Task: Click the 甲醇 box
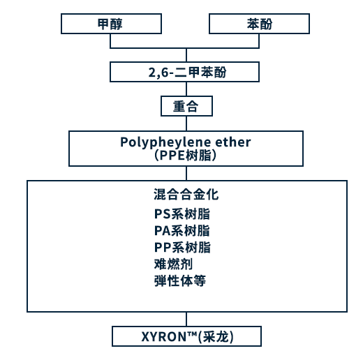[x=111, y=24]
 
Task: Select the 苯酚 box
[x=259, y=24]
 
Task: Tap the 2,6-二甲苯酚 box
[x=184, y=72]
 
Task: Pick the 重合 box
[x=186, y=106]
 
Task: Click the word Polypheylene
[x=165, y=142]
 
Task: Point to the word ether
[x=233, y=142]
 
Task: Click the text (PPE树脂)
[x=186, y=156]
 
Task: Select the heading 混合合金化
[x=186, y=195]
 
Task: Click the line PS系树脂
[x=182, y=214]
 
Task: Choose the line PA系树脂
[x=182, y=231]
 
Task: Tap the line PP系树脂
[x=182, y=247]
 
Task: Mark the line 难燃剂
[x=173, y=264]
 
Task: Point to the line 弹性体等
[x=180, y=280]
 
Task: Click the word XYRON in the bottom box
[x=164, y=336]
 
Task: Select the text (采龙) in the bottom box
[x=216, y=336]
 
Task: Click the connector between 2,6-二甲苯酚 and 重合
[x=186, y=89]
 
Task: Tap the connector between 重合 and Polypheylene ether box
[x=186, y=123]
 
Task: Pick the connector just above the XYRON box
[x=186, y=319]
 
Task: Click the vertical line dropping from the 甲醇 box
[x=110, y=41]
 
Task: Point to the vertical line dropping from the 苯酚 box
[x=259, y=41]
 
